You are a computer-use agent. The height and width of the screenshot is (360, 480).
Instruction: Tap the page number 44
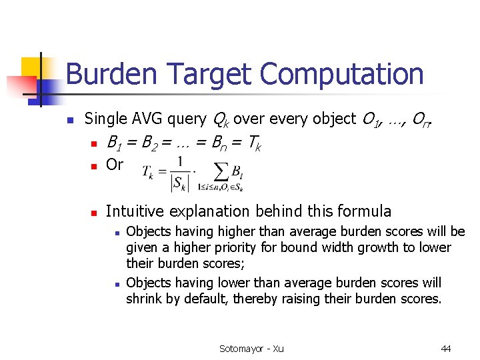coord(446,349)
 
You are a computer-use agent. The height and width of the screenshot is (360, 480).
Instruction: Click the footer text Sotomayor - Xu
coord(251,349)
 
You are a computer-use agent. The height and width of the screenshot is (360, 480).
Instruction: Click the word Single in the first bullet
coord(105,119)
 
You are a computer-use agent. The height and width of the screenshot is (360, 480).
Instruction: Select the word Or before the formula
coord(114,164)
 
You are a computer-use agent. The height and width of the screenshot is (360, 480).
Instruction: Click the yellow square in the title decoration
coord(31,67)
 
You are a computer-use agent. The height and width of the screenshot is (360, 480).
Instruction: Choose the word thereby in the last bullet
coord(256,299)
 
